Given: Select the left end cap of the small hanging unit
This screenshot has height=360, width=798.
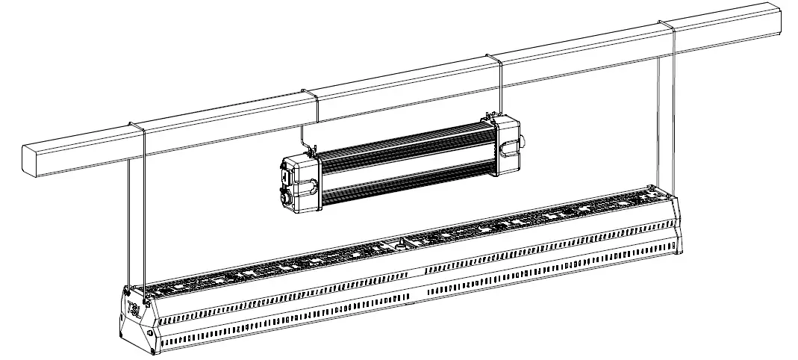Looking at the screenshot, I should pos(299,181).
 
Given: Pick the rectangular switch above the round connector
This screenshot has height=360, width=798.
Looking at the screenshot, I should pos(287,178).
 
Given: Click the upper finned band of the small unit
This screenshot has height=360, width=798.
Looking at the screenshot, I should pos(407,149).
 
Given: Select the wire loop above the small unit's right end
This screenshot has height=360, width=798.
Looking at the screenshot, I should pos(493,58).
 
